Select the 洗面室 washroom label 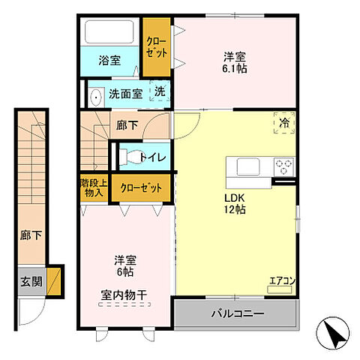[x=124, y=94]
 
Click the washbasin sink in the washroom [x=95, y=96]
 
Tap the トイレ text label [x=154, y=157]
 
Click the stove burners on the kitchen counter [x=283, y=165]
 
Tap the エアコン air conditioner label [x=283, y=281]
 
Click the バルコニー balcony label [x=235, y=313]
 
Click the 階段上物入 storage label [x=93, y=187]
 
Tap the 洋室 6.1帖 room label [x=235, y=62]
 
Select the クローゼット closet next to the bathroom [x=157, y=47]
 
